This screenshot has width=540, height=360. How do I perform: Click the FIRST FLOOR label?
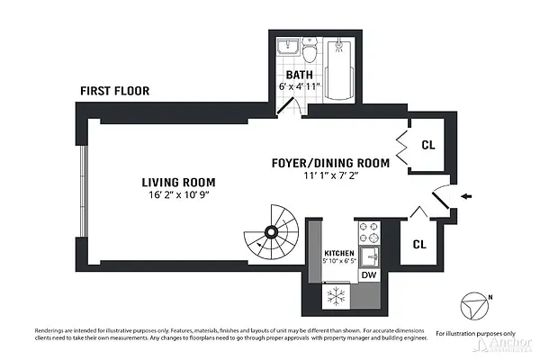click(x=114, y=91)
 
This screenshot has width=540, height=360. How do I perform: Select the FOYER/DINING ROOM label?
click(x=330, y=163)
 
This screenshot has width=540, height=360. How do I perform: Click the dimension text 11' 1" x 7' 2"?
click(x=331, y=176)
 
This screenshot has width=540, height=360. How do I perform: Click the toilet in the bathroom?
click(x=310, y=47)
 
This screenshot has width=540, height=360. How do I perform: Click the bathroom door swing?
click(x=288, y=105)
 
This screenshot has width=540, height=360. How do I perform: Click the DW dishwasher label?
click(x=369, y=275)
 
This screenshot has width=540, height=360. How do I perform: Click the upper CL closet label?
click(x=428, y=143)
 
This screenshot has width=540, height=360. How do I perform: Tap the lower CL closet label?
click(x=419, y=243)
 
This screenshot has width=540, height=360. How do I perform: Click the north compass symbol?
click(x=473, y=307)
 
